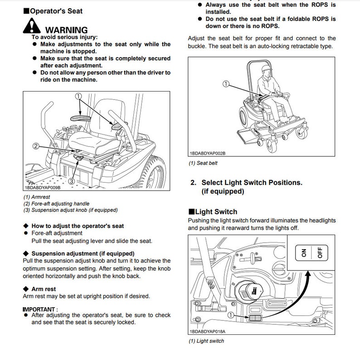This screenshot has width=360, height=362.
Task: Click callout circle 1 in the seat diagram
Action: point(78,96)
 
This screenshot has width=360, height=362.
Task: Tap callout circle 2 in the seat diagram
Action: point(35,146)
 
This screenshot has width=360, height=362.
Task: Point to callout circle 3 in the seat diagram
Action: point(72,181)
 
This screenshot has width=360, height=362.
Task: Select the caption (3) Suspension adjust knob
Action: point(70,210)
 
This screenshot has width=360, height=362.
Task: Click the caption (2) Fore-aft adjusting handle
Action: point(56,203)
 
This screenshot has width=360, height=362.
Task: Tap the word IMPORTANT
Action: point(39,309)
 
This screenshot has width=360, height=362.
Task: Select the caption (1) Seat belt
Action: point(203,164)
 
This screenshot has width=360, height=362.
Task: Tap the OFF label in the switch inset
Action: point(320,252)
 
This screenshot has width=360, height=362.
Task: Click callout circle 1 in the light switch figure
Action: point(232,314)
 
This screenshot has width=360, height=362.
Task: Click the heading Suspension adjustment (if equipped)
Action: point(83,253)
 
